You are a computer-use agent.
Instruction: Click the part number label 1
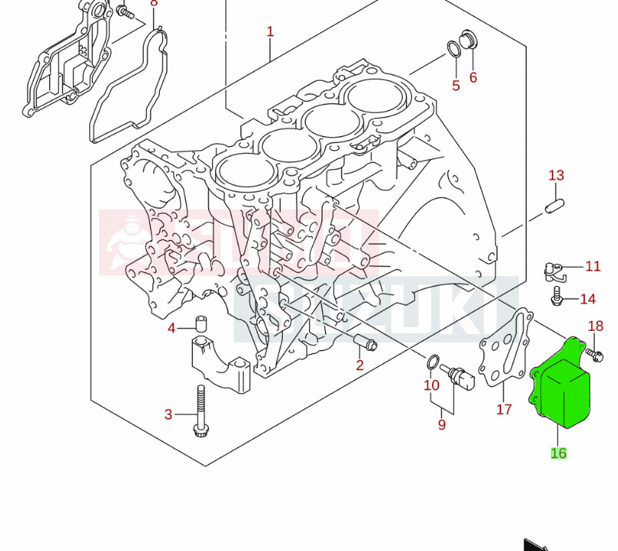[x=270, y=32]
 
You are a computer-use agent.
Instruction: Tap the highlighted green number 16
[x=558, y=453]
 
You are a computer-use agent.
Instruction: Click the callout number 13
[x=556, y=175]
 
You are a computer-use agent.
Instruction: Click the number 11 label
[x=593, y=266]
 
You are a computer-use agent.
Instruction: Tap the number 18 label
[x=596, y=326]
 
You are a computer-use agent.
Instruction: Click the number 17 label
[x=503, y=409]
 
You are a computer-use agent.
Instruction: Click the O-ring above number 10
[x=433, y=361]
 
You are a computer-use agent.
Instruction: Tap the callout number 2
[x=359, y=366]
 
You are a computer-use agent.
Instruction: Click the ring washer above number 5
[x=454, y=51]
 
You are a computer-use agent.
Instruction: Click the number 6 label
[x=473, y=77]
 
